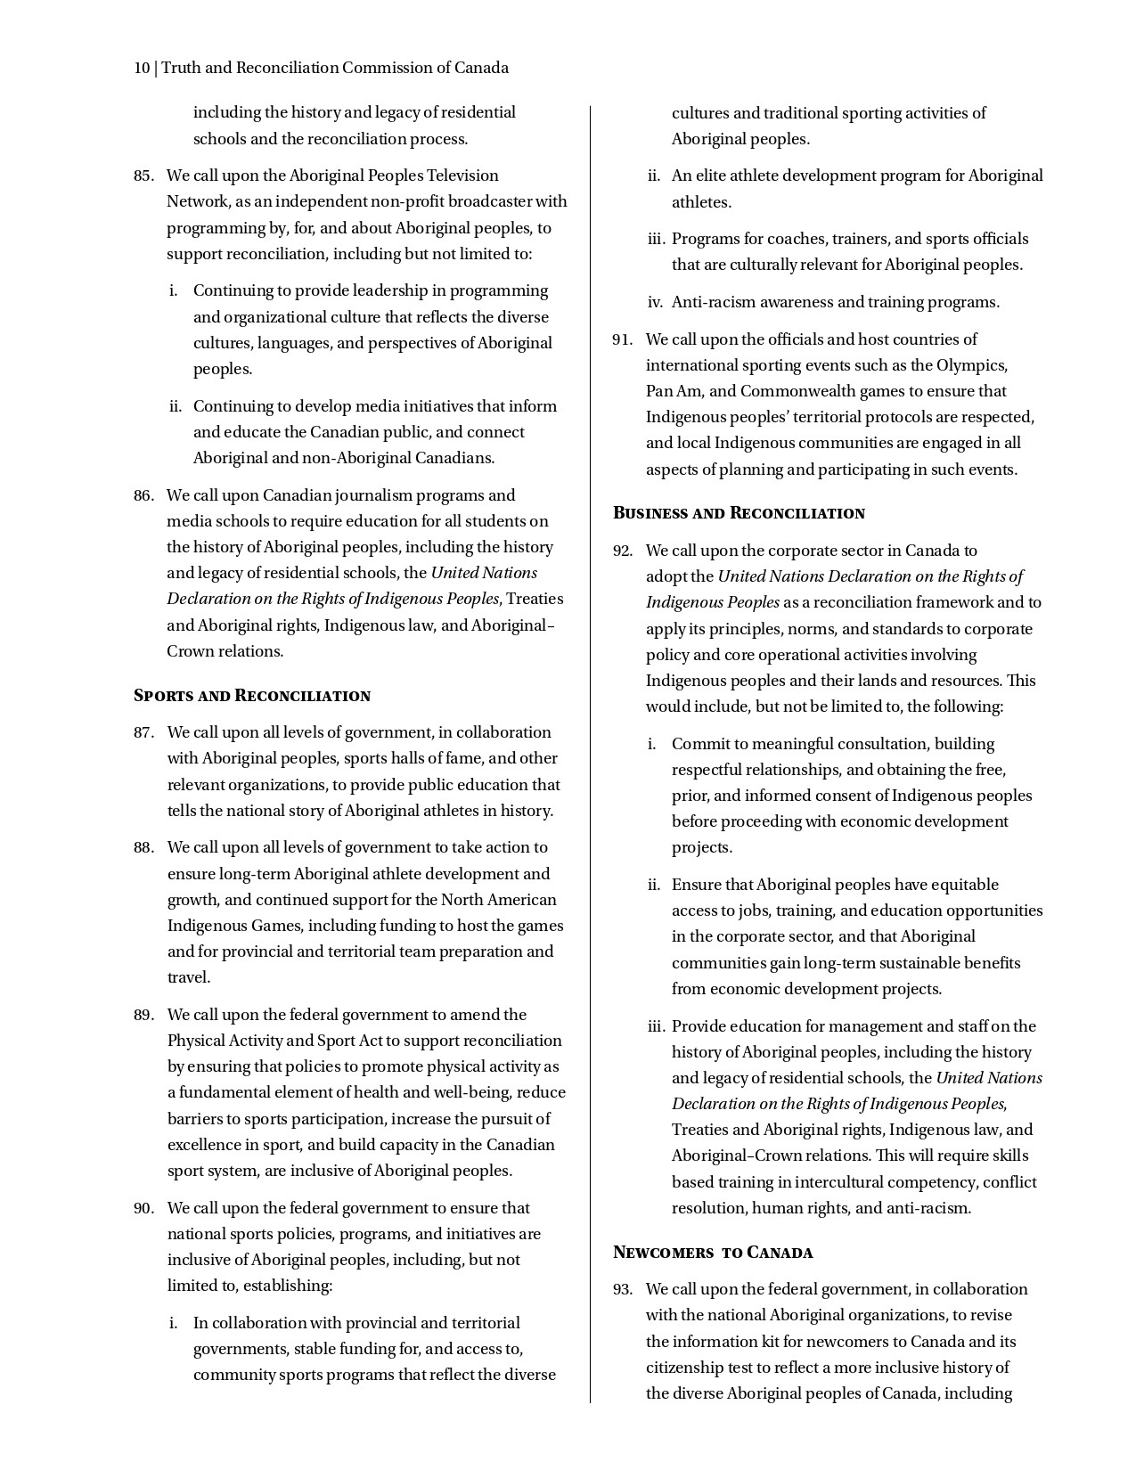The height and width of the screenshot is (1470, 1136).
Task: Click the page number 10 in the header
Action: (x=141, y=69)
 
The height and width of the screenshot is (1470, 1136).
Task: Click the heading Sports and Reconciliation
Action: (x=251, y=696)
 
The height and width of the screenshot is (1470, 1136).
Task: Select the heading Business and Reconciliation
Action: (x=739, y=513)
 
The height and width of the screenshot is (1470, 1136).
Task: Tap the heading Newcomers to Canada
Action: (x=712, y=1253)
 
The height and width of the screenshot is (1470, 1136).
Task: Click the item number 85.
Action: (x=143, y=176)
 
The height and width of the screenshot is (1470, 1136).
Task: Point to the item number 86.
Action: (x=143, y=495)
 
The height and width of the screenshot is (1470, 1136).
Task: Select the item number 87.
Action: (x=143, y=732)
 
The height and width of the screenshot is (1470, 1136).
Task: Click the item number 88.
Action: (x=143, y=847)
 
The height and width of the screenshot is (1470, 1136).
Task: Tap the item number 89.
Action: (x=143, y=1015)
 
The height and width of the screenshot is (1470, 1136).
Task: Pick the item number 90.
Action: (x=143, y=1208)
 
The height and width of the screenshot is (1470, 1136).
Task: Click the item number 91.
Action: (x=622, y=339)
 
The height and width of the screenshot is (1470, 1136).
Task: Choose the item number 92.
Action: (x=622, y=551)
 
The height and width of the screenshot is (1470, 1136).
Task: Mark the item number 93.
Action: (x=622, y=1289)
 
